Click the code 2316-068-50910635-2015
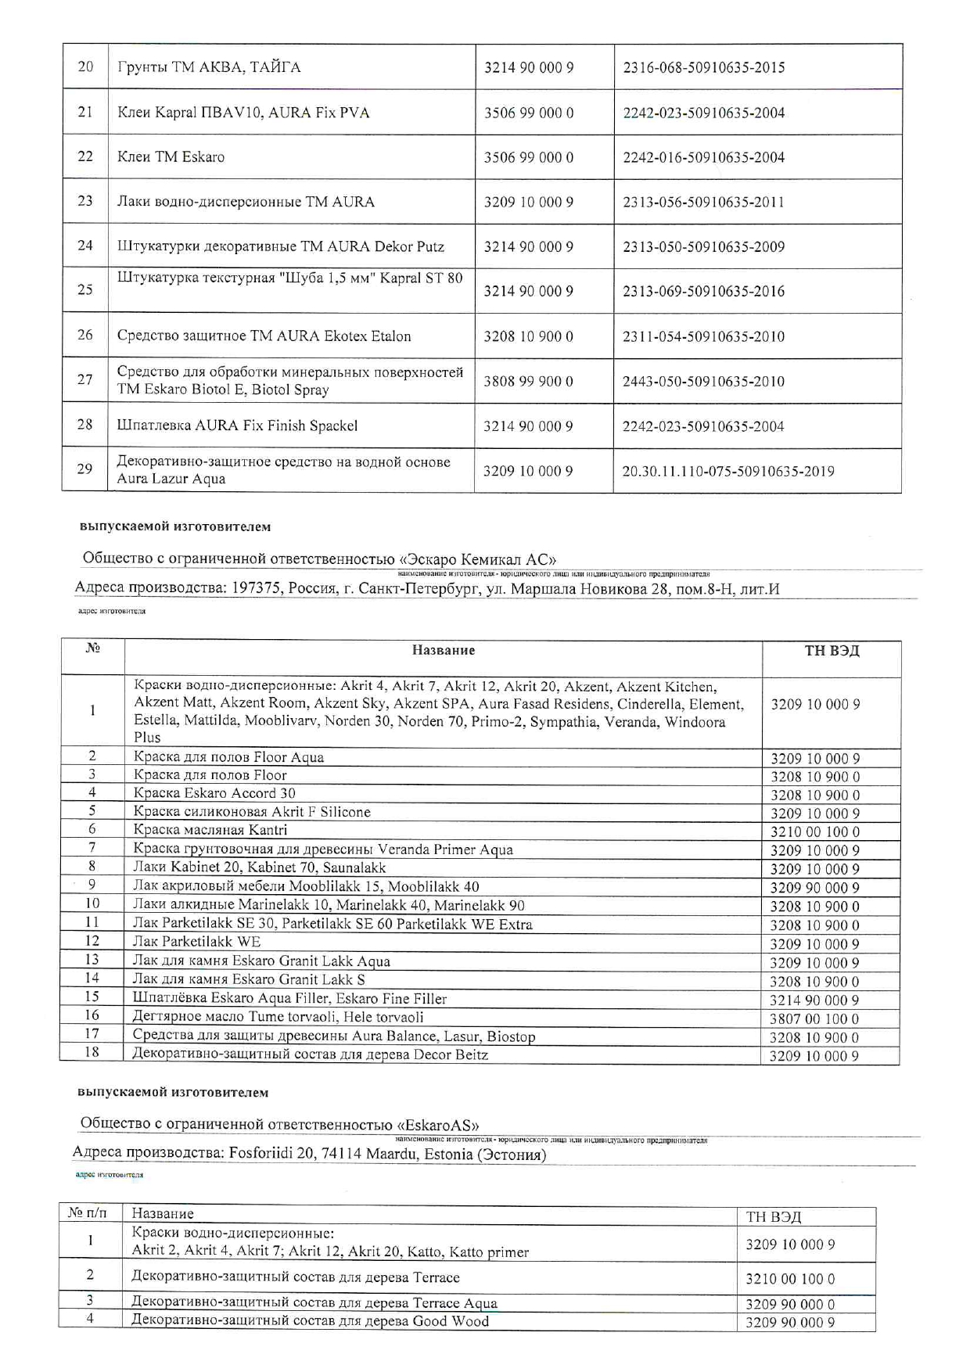point(703,67)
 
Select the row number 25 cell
point(85,289)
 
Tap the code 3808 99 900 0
point(528,381)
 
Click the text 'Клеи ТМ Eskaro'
point(171,156)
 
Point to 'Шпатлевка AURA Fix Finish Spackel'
point(237,426)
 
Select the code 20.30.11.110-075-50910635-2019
point(727,471)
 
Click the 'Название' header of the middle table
point(443,650)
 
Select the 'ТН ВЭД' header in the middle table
point(832,651)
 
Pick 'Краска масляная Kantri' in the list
point(210,830)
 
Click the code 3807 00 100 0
point(814,1018)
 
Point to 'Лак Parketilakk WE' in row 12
point(196,942)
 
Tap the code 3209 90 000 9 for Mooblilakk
point(814,888)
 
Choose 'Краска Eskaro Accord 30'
point(214,793)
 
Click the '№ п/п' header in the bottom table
point(87,1213)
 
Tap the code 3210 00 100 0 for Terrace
point(790,1279)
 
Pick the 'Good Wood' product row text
point(309,1321)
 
